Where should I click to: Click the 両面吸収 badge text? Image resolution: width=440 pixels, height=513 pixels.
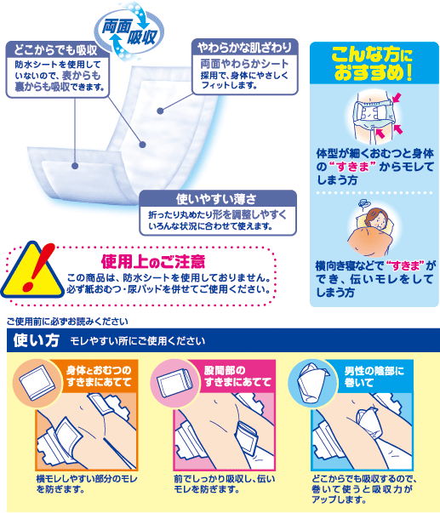tap(129, 32)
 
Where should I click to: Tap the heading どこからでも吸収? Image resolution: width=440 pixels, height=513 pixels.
tap(55, 50)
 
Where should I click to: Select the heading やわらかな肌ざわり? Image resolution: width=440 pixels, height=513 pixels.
tap(244, 48)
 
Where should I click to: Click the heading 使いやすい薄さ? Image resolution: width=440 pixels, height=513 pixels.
tap(216, 198)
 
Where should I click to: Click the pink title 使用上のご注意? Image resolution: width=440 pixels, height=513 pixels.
tap(153, 261)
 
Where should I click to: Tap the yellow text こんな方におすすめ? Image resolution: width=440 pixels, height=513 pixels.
tap(373, 64)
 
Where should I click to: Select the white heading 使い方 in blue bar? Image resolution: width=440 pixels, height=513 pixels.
tap(37, 340)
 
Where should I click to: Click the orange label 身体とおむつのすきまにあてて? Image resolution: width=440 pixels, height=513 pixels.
tap(99, 376)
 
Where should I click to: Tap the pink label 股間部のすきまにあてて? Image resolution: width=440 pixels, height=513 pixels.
tap(237, 376)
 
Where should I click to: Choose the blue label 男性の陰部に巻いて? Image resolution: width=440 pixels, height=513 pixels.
tap(374, 376)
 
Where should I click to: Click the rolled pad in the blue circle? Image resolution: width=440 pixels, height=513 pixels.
tap(311, 384)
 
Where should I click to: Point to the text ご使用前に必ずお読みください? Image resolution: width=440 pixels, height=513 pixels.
tap(67, 322)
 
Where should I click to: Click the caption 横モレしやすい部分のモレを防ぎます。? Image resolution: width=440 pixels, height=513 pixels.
tap(87, 484)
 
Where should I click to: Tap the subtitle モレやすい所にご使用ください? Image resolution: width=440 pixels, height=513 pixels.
tap(138, 341)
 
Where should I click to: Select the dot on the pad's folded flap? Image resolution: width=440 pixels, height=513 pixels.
tap(75, 166)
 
